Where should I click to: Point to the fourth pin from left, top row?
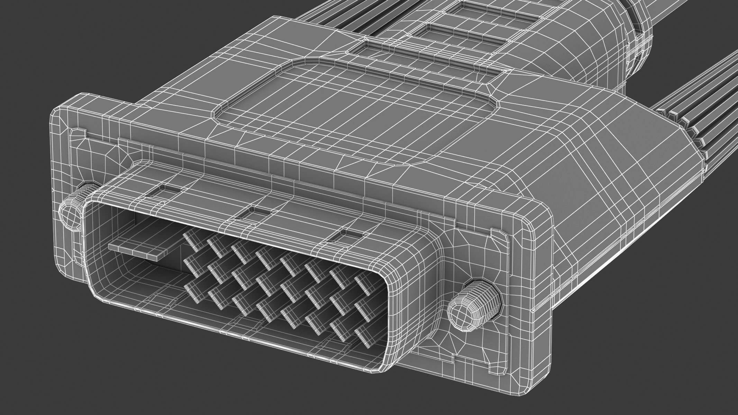tap(263, 254)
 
